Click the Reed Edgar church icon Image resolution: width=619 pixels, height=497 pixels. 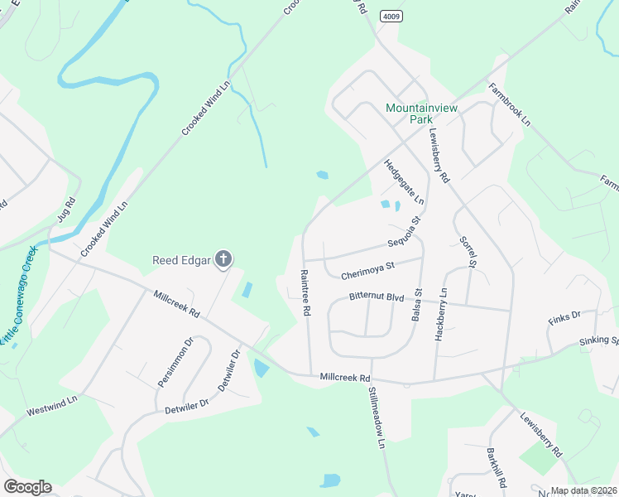223,260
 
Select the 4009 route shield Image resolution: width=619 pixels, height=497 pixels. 391,17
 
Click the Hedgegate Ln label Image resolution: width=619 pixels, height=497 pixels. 404,182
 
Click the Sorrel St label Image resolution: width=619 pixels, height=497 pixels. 468,252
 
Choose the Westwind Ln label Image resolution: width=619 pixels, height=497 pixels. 51,406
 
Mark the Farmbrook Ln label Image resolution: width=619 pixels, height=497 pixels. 508,104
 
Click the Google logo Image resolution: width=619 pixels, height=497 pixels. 27,487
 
